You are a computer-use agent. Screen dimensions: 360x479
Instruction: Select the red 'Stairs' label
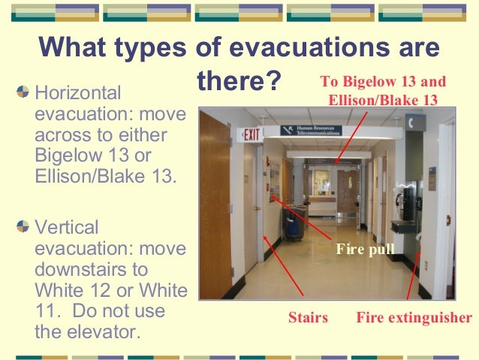(308, 318)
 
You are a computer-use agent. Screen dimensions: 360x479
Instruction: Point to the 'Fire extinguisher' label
(414, 318)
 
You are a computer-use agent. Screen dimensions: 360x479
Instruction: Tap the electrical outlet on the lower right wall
(424, 265)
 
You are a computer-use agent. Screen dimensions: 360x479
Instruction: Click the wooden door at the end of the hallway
(347, 189)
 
